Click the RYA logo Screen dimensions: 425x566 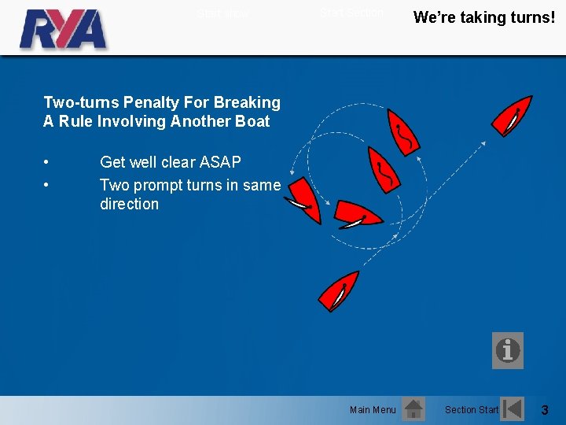(63, 29)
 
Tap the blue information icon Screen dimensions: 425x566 (507, 350)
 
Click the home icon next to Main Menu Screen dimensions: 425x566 (413, 409)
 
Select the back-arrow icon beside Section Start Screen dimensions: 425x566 (513, 409)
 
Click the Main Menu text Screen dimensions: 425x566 (373, 410)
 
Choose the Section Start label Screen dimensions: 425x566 (471, 410)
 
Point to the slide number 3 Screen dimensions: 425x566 (545, 410)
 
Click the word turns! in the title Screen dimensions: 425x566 (532, 17)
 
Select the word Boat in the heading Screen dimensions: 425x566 (252, 121)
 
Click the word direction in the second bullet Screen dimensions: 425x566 (129, 204)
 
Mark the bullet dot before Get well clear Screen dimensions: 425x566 (48, 163)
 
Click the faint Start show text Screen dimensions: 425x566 (222, 13)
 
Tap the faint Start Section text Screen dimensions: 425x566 (351, 13)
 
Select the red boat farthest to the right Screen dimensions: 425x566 (512, 115)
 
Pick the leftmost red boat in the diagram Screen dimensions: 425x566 (300, 201)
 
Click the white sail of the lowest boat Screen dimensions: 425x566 (340, 296)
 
